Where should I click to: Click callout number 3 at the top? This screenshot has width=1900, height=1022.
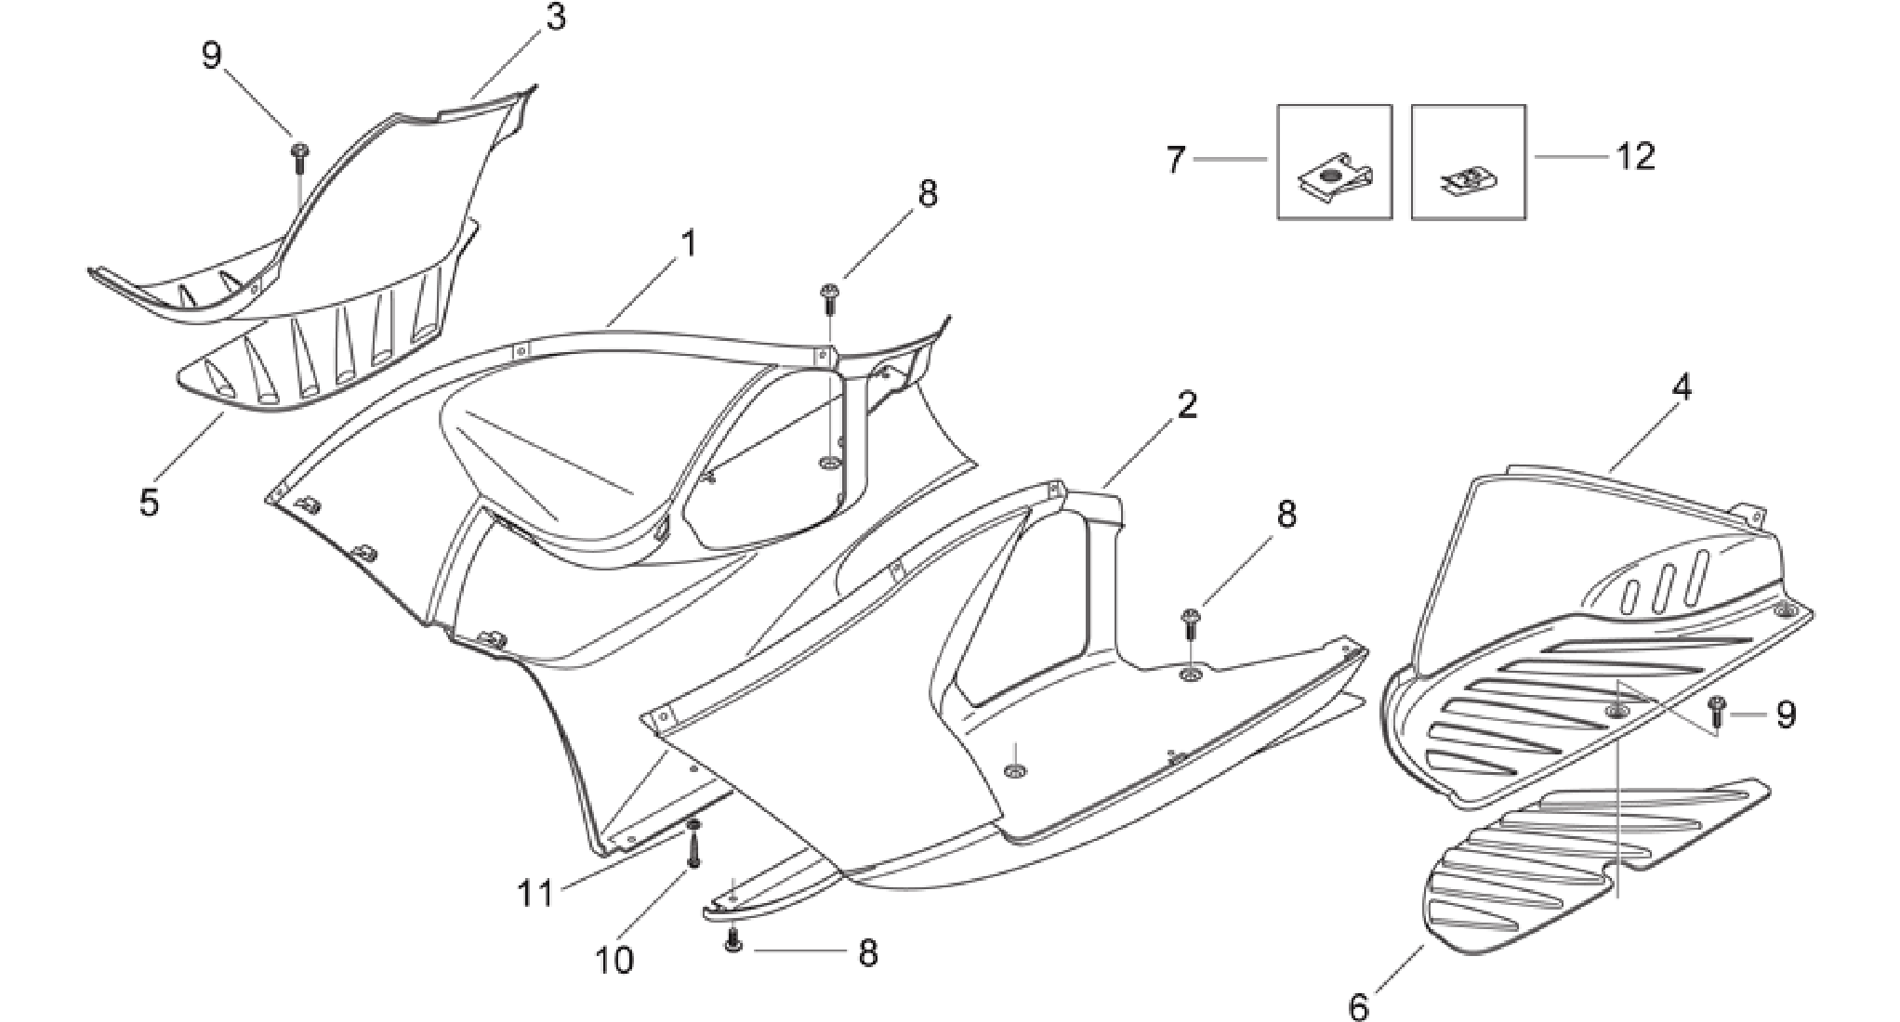556,18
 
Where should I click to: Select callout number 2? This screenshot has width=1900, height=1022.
1187,405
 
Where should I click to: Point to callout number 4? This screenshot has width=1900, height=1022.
1682,387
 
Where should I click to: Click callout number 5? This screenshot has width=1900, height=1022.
149,502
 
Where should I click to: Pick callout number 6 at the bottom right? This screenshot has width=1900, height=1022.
1359,1007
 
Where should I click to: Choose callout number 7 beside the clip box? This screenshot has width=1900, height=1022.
1176,160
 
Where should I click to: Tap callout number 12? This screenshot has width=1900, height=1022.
1636,156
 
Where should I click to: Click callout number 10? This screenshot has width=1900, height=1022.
614,960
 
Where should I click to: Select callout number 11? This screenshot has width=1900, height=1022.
535,894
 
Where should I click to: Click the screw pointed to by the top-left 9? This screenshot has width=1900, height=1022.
299,158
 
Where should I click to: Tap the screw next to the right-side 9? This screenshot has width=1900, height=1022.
1716,711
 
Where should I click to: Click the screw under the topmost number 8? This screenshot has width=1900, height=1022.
828,300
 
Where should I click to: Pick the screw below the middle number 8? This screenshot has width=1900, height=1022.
1190,623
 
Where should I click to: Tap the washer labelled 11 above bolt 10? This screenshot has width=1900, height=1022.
693,825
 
